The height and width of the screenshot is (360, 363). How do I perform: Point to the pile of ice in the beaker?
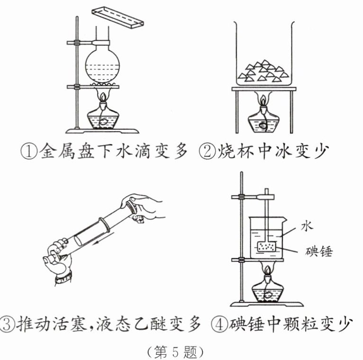(263, 71)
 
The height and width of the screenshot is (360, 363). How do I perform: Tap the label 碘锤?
(318, 251)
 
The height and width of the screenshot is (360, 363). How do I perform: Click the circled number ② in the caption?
(207, 153)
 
